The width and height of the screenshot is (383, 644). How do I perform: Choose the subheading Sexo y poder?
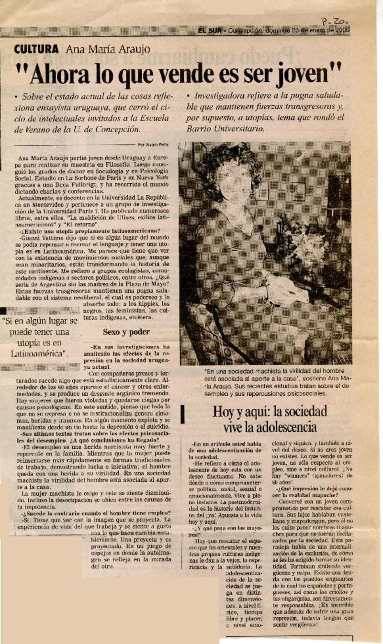[x=126, y=332]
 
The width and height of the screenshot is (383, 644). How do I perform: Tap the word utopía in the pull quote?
[x=30, y=343]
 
